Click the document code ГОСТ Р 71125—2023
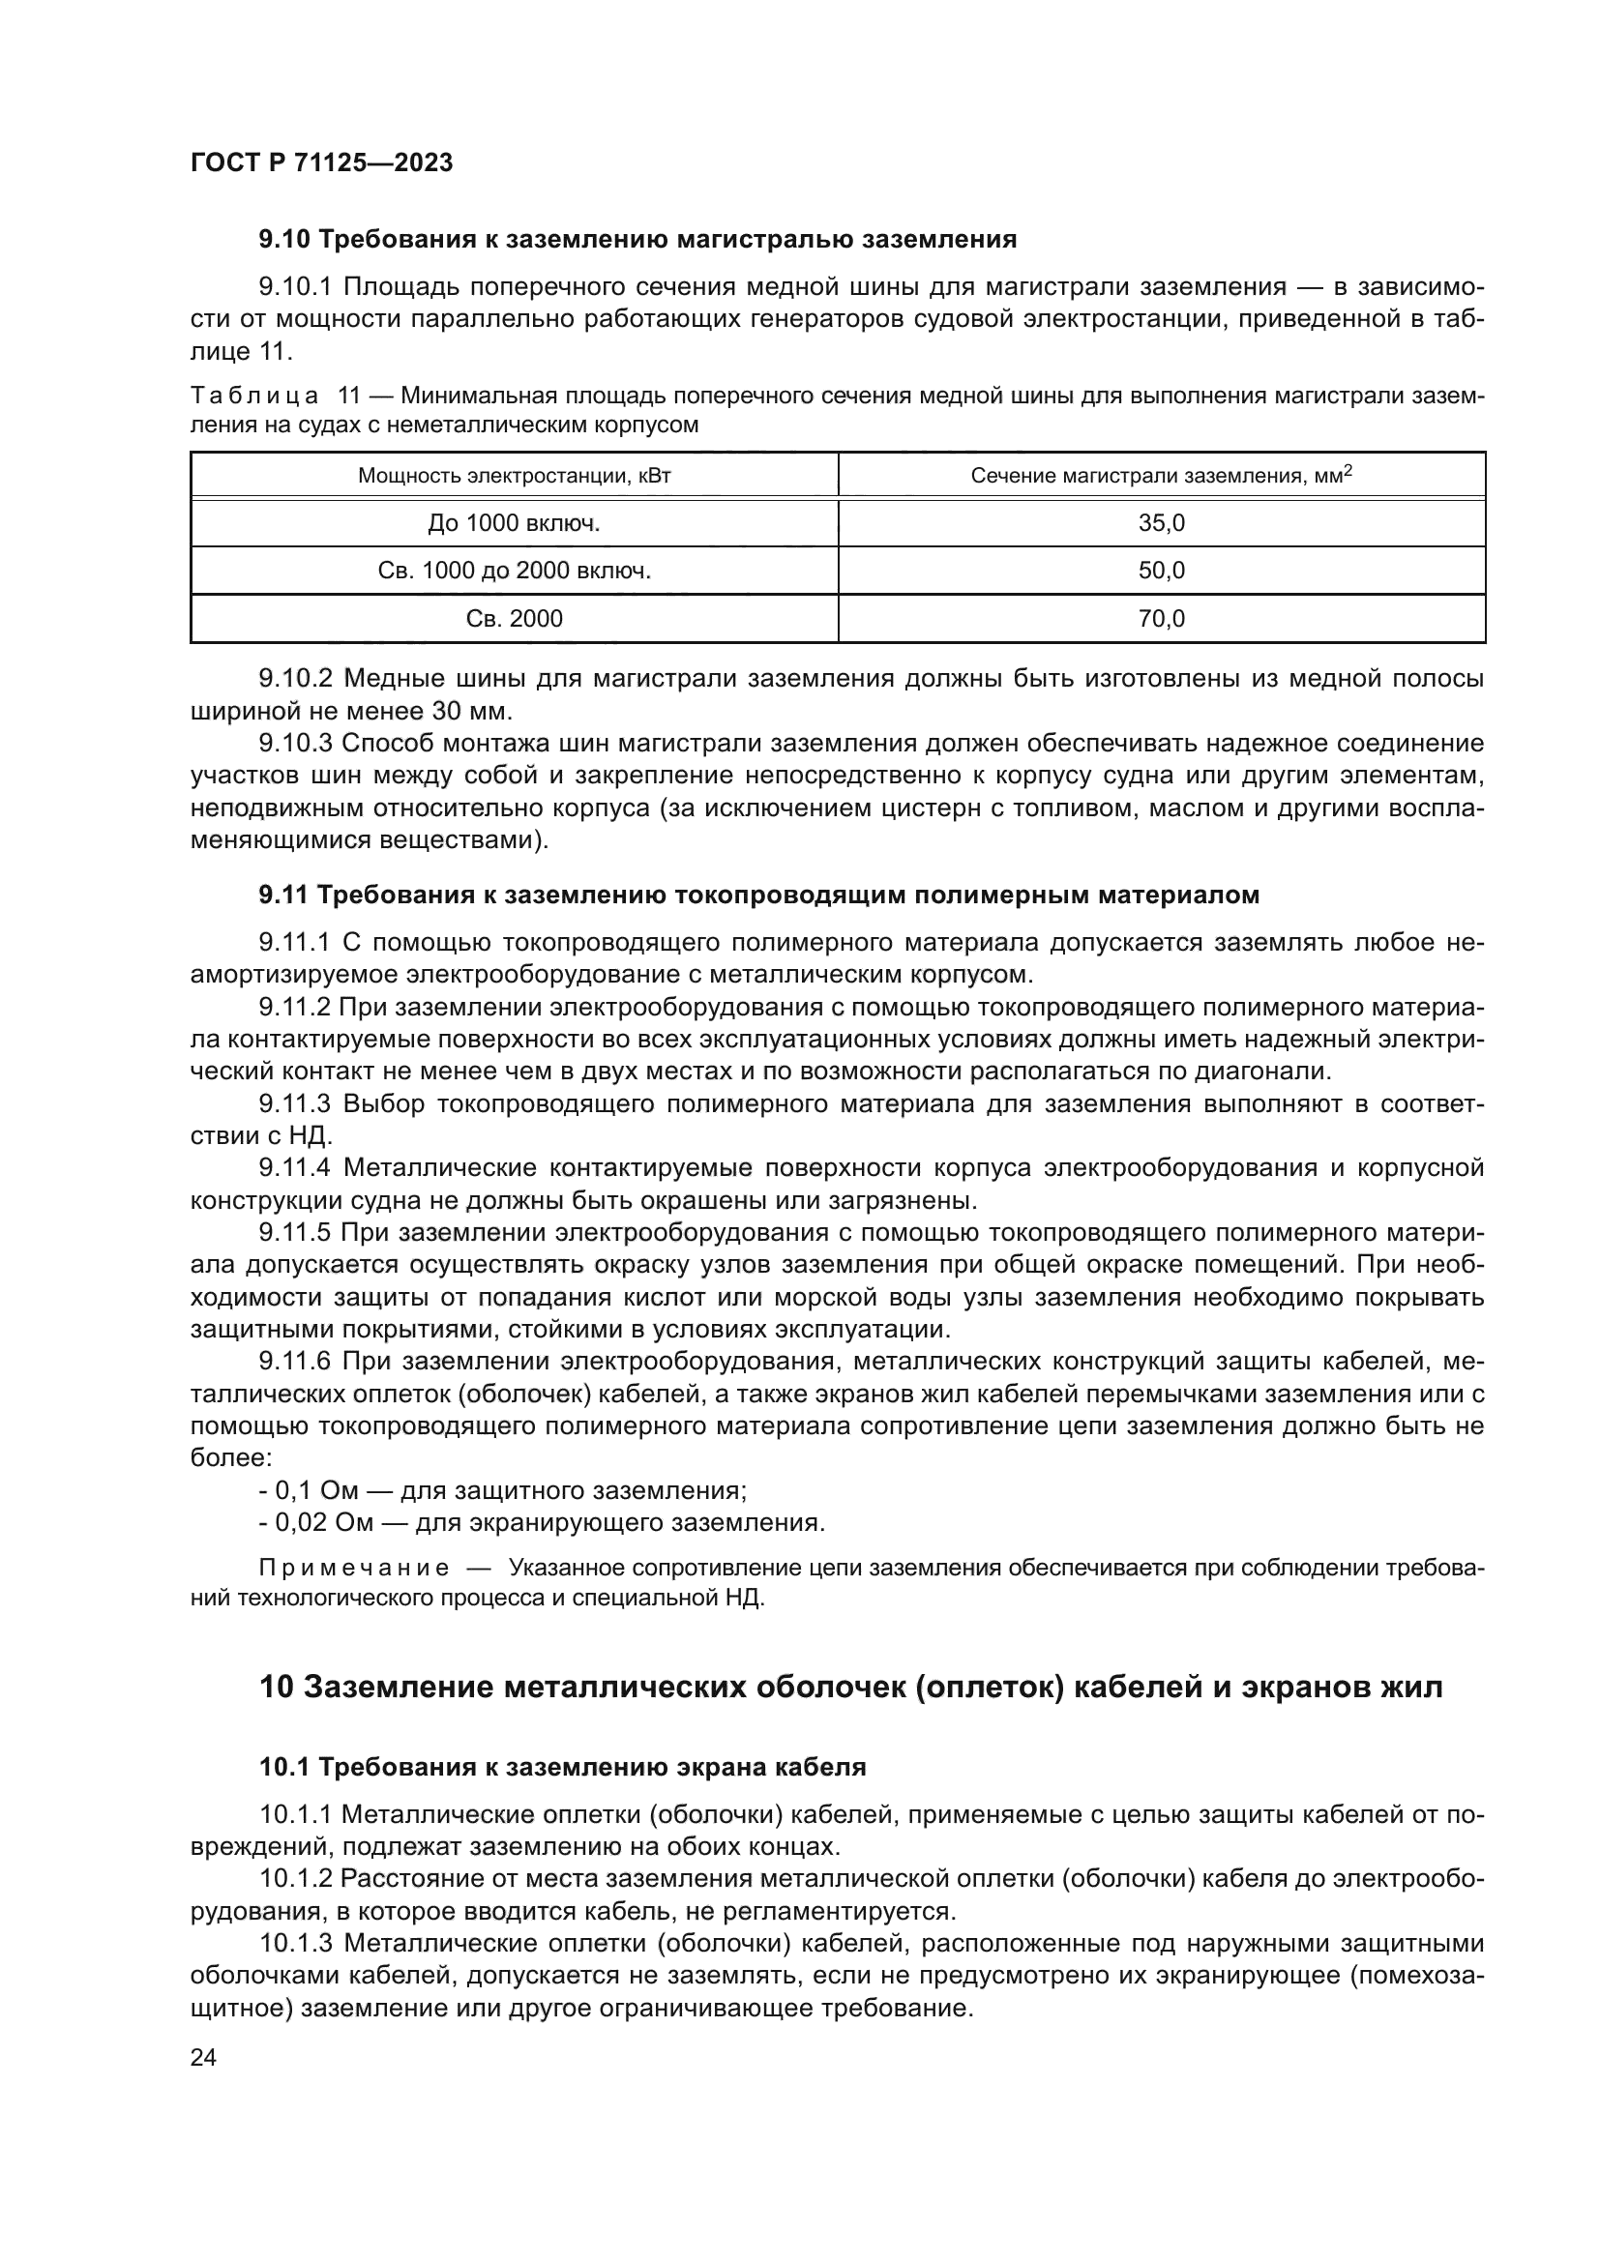321,163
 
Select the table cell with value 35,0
1161,523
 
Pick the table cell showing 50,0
1161,571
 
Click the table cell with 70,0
1161,619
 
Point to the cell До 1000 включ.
514,523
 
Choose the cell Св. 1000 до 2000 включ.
514,571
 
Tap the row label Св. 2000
514,619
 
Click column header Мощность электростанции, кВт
514,476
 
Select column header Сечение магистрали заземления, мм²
1161,476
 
